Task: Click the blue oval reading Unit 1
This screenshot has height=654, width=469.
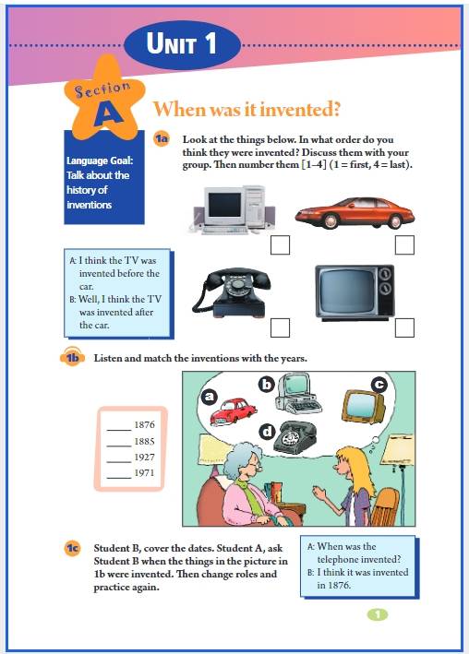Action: click(183, 44)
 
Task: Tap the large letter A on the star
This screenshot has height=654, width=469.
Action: click(108, 113)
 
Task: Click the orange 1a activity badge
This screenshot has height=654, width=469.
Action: click(161, 138)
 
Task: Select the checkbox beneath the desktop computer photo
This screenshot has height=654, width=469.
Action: click(280, 244)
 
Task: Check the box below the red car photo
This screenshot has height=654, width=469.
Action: click(404, 244)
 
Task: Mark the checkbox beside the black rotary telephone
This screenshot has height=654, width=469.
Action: click(280, 327)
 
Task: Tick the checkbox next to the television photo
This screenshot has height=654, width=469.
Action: click(404, 327)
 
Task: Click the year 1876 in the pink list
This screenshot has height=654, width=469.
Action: click(145, 424)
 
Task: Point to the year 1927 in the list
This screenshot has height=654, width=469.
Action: click(145, 458)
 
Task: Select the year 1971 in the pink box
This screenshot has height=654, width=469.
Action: click(145, 473)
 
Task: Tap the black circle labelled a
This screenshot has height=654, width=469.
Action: click(210, 397)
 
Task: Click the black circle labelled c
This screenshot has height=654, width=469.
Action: click(379, 384)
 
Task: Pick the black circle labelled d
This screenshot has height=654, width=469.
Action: click(268, 432)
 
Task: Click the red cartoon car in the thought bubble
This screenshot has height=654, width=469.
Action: click(233, 411)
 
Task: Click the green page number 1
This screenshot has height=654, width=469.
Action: click(378, 614)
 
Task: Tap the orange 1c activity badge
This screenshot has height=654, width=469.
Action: click(72, 548)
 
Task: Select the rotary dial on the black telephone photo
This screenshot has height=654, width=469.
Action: click(237, 284)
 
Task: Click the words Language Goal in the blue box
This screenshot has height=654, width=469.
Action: click(100, 161)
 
